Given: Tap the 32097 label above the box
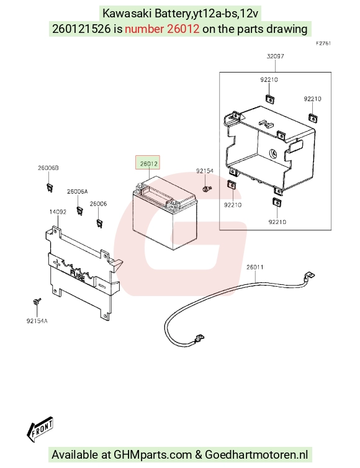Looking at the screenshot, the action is pos(275,56).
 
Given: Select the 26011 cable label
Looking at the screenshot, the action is pos(255,267).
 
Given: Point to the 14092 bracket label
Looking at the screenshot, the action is pos(58,212).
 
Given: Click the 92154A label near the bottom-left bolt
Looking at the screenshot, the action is pos(37,321).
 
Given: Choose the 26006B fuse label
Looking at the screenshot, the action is pos(48,168).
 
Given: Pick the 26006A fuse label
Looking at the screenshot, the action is pos(78,192).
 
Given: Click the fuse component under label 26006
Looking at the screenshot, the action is pos(99,223).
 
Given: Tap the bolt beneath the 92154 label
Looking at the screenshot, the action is pos(207,189).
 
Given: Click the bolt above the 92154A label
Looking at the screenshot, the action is pos(37,302).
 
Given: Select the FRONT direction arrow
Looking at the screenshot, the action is pos(40,429).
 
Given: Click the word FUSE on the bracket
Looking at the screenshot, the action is pos(78,276).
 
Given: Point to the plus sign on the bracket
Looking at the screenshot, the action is pos(56,263).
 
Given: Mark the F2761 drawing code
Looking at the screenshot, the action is pos(323,43).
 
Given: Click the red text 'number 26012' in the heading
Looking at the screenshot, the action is pos(162,29).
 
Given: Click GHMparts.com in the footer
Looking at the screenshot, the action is pos(153,455).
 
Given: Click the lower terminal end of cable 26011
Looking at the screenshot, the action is pos(199,339).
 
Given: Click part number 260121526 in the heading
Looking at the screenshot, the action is pos(81,29).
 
